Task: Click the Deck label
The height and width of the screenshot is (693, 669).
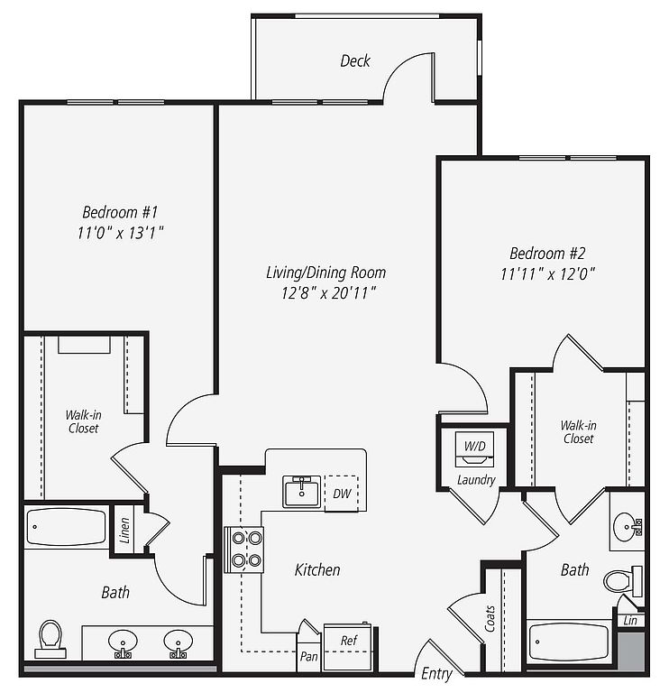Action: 355,61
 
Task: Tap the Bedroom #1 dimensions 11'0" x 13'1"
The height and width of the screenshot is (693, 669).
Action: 121,233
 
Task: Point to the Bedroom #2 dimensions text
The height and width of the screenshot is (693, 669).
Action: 547,274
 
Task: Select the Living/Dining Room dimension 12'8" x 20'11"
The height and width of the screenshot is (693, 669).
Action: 328,293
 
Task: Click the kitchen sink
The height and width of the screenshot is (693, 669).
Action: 302,492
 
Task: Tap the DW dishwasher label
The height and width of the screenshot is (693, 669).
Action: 342,494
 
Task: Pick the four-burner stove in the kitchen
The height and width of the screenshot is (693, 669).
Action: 244,550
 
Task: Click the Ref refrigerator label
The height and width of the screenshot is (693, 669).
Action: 349,640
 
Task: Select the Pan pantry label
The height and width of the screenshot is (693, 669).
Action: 308,656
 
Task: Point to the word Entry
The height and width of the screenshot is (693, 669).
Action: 436,673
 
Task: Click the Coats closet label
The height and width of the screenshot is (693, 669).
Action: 490,618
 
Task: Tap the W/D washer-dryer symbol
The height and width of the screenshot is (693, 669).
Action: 475,449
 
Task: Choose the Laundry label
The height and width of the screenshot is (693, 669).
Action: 476,480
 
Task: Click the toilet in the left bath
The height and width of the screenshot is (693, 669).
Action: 50,639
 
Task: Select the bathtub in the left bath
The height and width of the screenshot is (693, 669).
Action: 66,527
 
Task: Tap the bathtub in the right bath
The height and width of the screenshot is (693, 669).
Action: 570,642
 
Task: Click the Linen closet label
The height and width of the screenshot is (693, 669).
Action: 125,531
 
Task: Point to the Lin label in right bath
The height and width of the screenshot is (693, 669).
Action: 630,621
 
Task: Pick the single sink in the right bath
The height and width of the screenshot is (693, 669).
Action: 627,527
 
